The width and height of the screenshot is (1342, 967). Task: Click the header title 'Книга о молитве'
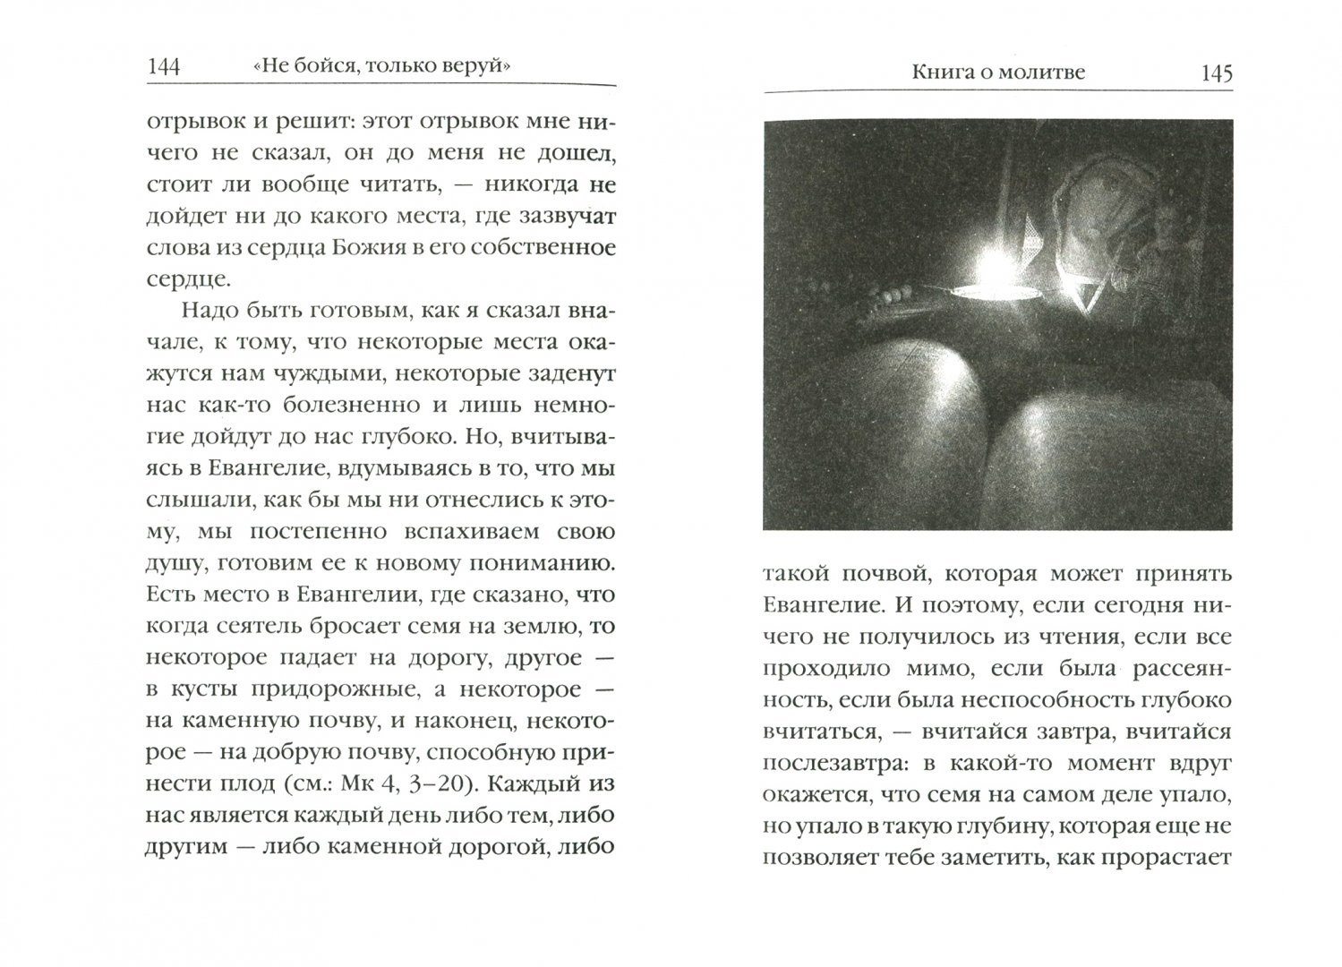997,73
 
